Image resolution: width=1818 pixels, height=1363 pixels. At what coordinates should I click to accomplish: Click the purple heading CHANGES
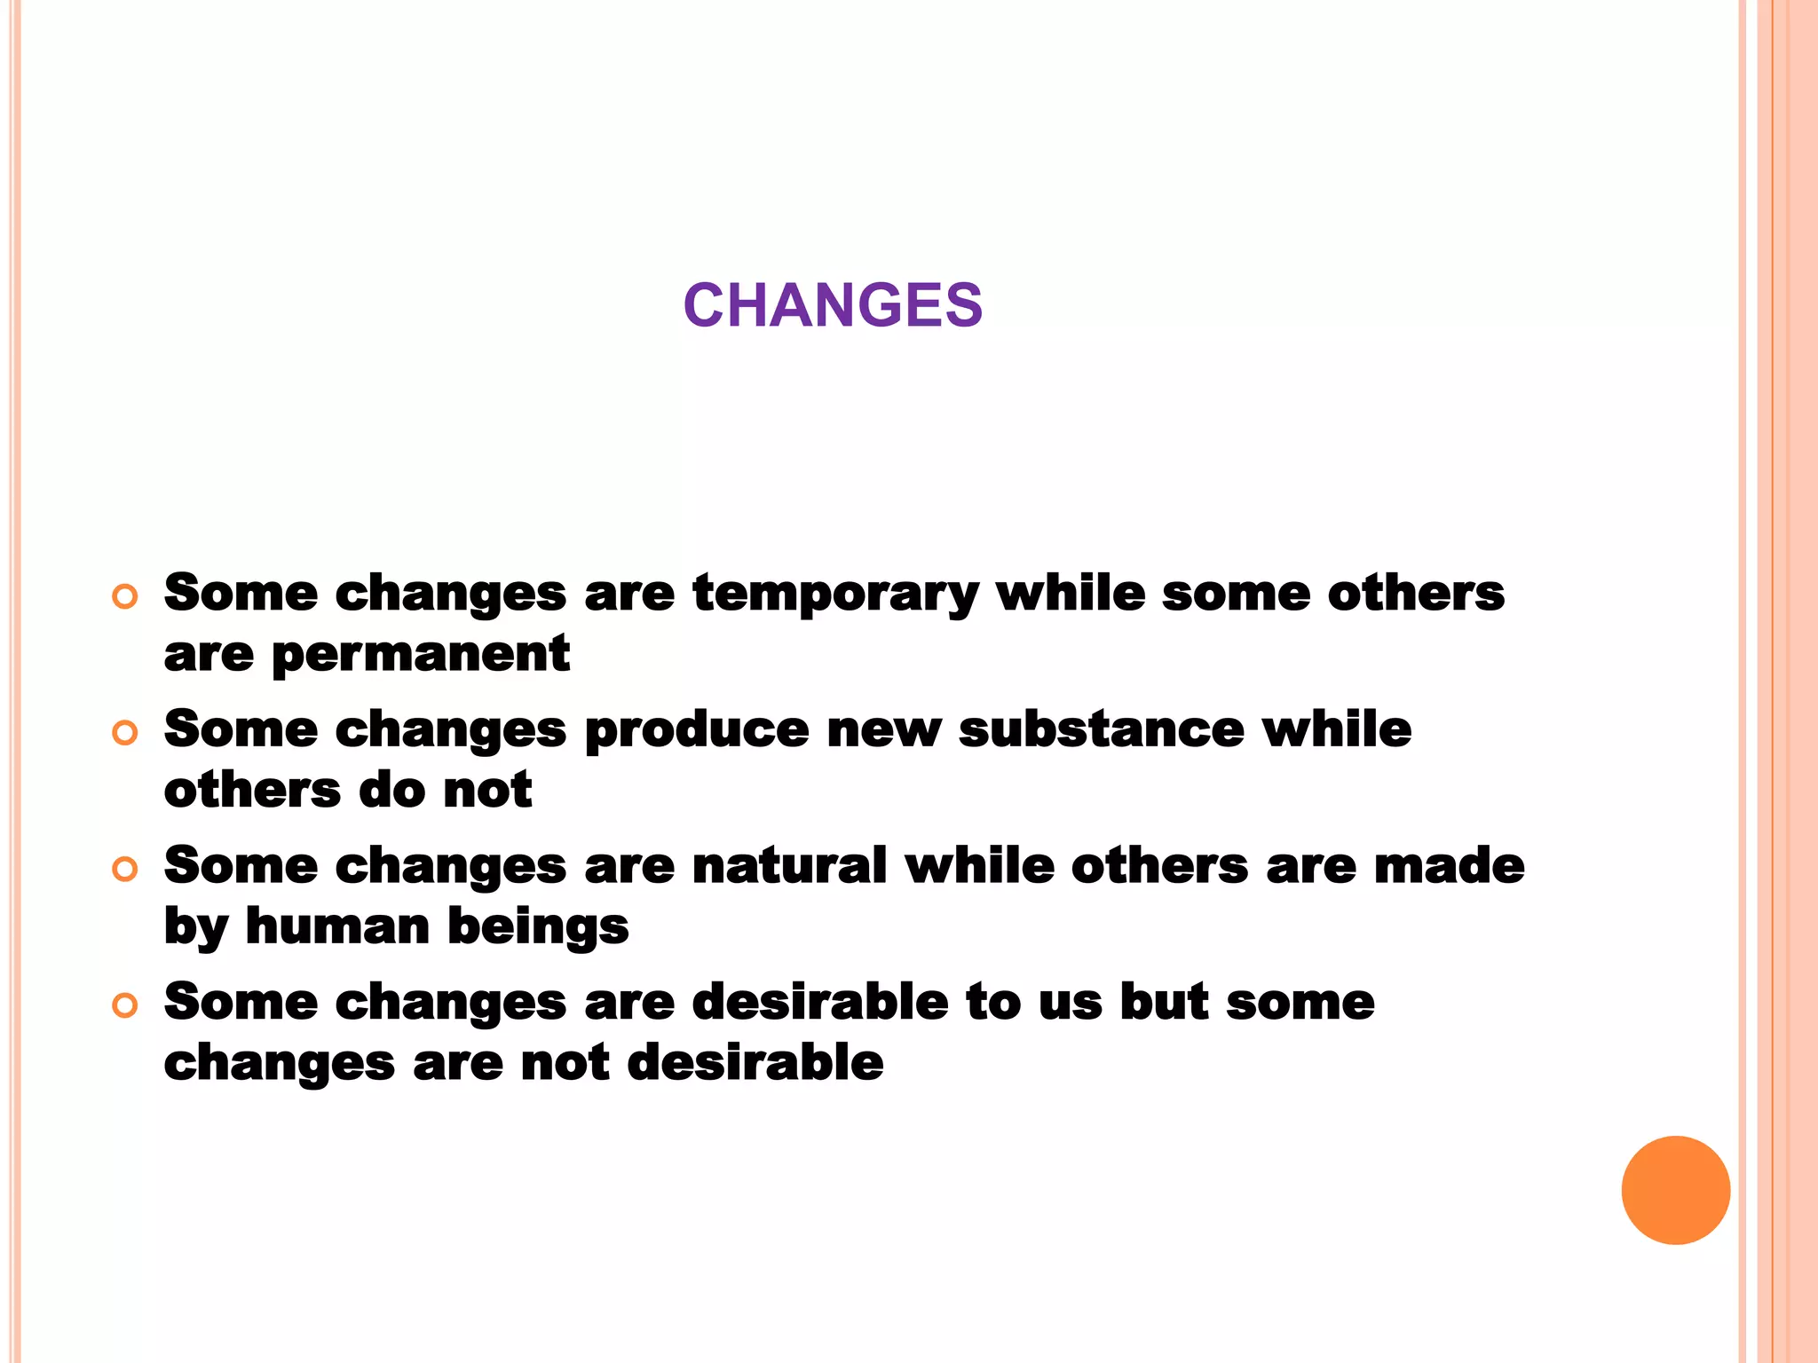tap(833, 305)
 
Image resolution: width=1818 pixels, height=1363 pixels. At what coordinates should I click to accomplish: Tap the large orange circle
tap(1675, 1190)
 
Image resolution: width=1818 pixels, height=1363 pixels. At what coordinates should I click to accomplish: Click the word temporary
tap(835, 595)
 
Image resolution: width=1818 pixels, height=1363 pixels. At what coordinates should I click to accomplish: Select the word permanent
tap(420, 656)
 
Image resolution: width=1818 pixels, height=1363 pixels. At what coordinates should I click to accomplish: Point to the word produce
tap(697, 731)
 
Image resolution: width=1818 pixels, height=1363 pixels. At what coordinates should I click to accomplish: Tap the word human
tap(337, 926)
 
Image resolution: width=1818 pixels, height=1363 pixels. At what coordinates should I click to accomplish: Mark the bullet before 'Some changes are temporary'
tap(125, 596)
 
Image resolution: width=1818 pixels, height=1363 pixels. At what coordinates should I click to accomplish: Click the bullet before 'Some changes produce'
tap(125, 733)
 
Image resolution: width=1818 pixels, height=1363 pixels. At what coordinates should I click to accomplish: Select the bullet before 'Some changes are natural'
tap(125, 869)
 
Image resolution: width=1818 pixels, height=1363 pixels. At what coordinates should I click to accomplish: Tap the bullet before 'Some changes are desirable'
tap(125, 1005)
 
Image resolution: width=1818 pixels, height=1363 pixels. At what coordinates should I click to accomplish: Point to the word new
tap(883, 731)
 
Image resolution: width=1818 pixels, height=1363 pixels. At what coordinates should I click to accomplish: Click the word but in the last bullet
tap(1164, 1002)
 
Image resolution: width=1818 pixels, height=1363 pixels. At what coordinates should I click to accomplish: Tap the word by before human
tap(196, 928)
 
